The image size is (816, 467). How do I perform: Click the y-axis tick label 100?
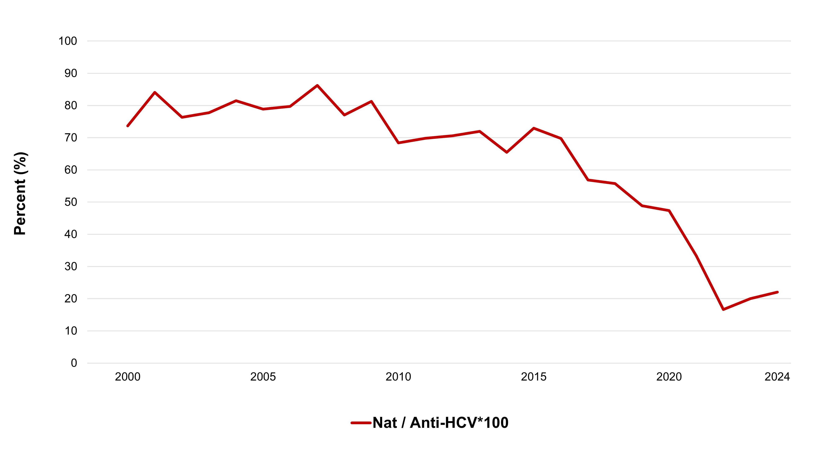click(x=68, y=41)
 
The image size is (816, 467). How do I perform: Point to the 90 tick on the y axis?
click(x=71, y=73)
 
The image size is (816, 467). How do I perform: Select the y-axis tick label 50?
click(x=71, y=202)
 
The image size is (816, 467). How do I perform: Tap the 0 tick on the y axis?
click(x=74, y=363)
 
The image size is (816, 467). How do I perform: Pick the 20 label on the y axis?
click(x=71, y=299)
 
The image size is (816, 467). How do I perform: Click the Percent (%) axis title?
click(x=20, y=193)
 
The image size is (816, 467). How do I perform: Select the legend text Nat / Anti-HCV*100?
click(x=440, y=423)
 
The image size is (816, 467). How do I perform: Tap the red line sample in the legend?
click(x=361, y=423)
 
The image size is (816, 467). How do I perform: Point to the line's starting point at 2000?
click(x=128, y=126)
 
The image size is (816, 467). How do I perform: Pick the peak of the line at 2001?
click(x=155, y=92)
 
